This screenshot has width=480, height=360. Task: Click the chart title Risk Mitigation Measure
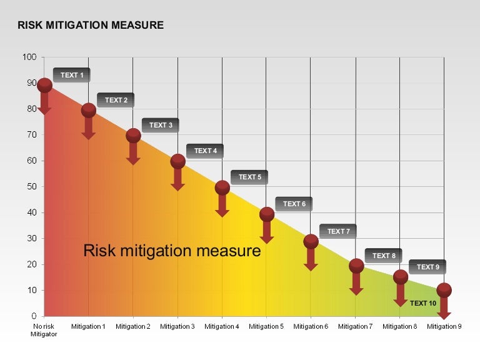(x=91, y=26)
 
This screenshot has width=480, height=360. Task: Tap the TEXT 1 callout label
(x=71, y=75)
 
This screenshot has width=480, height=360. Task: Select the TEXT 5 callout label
(x=249, y=177)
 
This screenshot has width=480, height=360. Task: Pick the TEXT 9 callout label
(x=427, y=267)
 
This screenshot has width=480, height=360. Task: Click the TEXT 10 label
(x=423, y=303)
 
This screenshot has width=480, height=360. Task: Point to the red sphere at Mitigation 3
(x=177, y=162)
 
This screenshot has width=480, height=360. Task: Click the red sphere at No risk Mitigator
(x=44, y=85)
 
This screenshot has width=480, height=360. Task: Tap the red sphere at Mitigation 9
(x=444, y=290)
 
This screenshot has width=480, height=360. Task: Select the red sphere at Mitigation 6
(x=311, y=241)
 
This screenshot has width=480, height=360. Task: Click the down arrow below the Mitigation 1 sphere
(x=89, y=129)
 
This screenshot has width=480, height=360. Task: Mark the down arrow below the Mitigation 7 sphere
(x=356, y=284)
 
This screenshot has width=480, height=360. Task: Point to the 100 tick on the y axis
(x=30, y=57)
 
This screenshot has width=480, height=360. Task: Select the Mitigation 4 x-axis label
(x=222, y=326)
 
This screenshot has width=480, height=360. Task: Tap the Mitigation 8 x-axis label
(x=400, y=326)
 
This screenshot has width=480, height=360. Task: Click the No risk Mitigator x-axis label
(x=44, y=330)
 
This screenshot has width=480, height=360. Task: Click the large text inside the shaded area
(x=172, y=251)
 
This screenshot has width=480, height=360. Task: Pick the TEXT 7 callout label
(x=338, y=231)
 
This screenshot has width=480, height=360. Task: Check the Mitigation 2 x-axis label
(x=133, y=326)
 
